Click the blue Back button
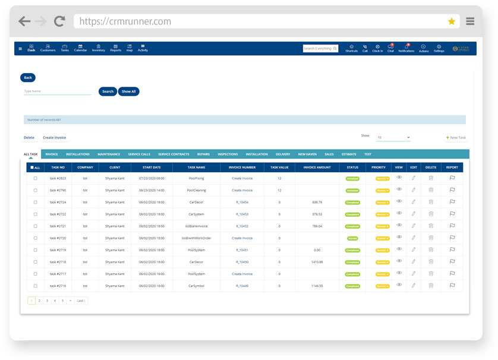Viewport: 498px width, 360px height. pyautogui.click(x=28, y=78)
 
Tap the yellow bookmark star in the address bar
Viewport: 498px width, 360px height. pyautogui.click(x=452, y=21)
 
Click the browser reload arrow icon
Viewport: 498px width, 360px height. pyautogui.click(x=59, y=21)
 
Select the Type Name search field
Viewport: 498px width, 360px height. pyautogui.click(x=57, y=91)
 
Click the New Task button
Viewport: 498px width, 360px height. pyautogui.click(x=456, y=137)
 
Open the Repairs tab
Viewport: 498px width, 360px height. pyautogui.click(x=203, y=154)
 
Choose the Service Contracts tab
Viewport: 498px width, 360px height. pyautogui.click(x=174, y=154)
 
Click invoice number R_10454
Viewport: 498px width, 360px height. pyautogui.click(x=242, y=202)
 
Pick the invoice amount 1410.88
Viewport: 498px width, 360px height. pyautogui.click(x=317, y=262)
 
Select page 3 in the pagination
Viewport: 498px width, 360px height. pyautogui.click(x=47, y=301)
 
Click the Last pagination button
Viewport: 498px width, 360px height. pyautogui.click(x=81, y=301)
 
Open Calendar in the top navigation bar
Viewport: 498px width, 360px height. pyautogui.click(x=80, y=48)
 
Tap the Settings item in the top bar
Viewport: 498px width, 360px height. pyautogui.click(x=439, y=49)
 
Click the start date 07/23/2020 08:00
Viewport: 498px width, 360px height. pyautogui.click(x=152, y=178)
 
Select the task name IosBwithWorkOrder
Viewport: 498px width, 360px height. pyautogui.click(x=196, y=238)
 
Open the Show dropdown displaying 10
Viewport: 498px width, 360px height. pyautogui.click(x=393, y=137)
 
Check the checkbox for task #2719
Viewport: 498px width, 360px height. pyautogui.click(x=35, y=250)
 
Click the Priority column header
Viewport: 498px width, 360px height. pyautogui.click(x=379, y=168)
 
